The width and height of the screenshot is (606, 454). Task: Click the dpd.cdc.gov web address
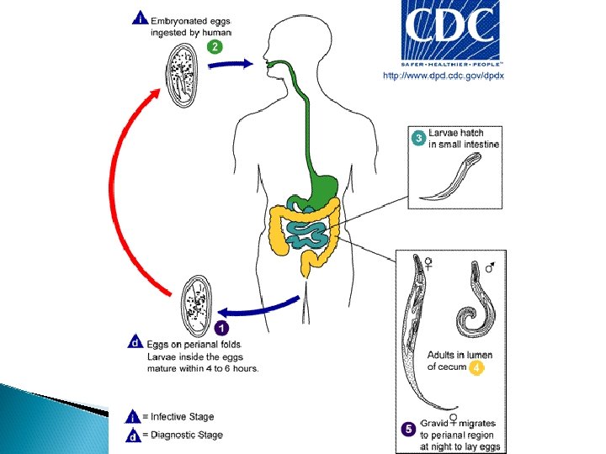pos(443,76)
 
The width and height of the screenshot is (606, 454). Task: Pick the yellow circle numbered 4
pos(476,367)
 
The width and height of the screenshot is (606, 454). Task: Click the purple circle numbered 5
pos(408,428)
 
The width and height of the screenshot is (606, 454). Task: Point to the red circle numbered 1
pos(221,326)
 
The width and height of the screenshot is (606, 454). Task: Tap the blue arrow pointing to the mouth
pos(228,64)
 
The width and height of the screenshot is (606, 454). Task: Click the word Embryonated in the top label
pos(179,20)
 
